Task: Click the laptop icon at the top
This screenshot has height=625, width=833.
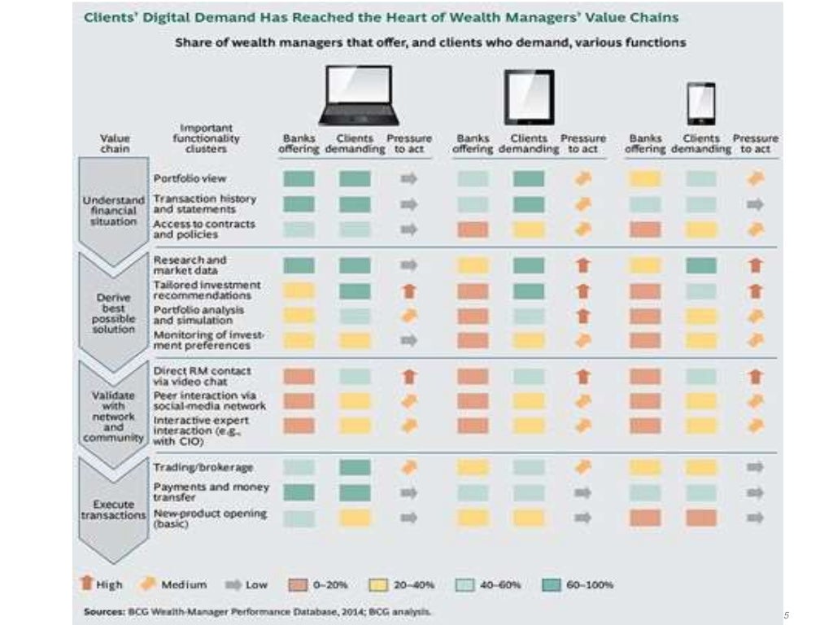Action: (x=359, y=94)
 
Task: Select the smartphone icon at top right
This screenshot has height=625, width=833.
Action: (x=700, y=103)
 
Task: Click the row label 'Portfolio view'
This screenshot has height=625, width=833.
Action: (x=190, y=178)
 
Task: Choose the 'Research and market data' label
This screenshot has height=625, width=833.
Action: (x=190, y=264)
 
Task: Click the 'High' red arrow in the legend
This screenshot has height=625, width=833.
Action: (x=89, y=584)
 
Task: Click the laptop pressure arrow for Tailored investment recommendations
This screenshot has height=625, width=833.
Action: (x=409, y=291)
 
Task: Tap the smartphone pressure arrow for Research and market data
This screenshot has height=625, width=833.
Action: (x=755, y=264)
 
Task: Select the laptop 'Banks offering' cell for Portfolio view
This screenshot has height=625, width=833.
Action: (x=299, y=179)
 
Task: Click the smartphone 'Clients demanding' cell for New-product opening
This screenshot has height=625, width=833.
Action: (x=701, y=518)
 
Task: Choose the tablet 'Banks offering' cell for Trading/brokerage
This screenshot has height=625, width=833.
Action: (x=473, y=467)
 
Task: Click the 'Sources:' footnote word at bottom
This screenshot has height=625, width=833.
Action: (x=102, y=610)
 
